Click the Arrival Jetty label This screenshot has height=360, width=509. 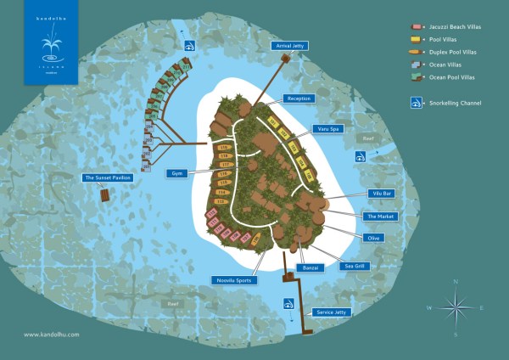288,46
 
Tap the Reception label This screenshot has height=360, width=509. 299,98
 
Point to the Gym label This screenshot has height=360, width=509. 177,173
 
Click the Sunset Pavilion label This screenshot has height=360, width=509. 107,178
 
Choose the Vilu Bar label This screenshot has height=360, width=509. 380,194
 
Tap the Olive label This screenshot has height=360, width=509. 373,238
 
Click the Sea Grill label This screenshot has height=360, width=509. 354,266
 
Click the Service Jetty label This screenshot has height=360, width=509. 332,312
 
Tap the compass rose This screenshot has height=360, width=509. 456,307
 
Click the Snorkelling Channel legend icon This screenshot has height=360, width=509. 417,103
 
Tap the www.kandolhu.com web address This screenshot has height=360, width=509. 52,334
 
